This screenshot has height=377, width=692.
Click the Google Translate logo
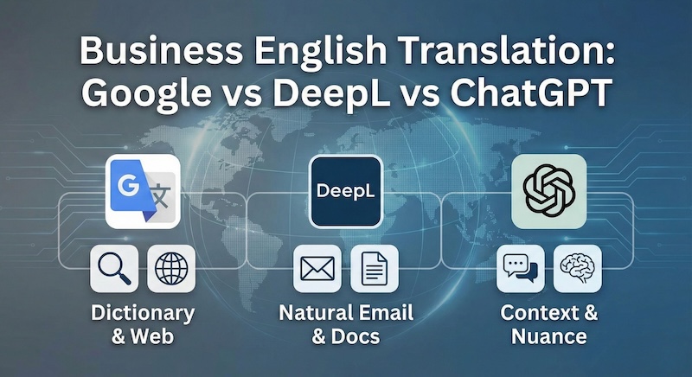[x=144, y=191]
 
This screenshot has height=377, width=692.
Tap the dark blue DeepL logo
[x=346, y=191]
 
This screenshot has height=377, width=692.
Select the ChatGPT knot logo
[x=548, y=191]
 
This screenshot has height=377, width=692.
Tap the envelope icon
[x=317, y=269]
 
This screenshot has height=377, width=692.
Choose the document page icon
[x=374, y=269]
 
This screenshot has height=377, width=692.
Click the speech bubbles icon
[x=520, y=269]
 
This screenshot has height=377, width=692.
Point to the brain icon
[x=577, y=269]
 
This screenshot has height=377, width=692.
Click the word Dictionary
[x=143, y=312]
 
